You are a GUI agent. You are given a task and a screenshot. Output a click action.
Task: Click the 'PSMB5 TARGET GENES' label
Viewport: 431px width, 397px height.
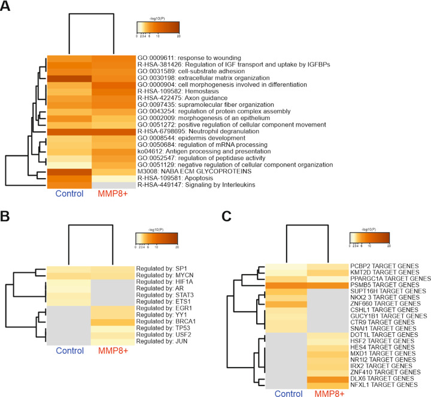click(x=384, y=285)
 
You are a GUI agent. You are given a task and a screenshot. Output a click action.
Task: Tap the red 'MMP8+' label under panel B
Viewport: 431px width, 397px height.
click(x=114, y=351)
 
